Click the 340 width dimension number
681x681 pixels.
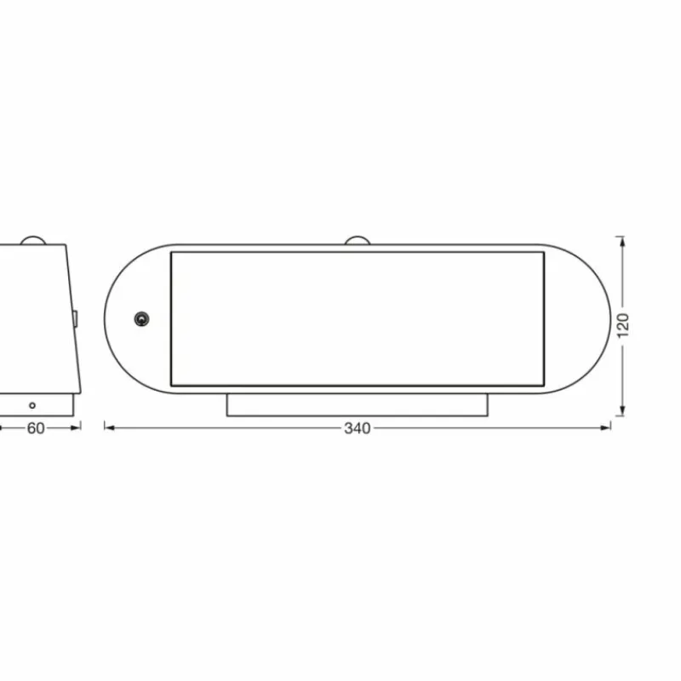pos(358,428)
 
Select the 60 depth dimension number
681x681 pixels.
pos(36,428)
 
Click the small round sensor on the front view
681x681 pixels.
pos(140,319)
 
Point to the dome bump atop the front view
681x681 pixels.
pos(357,240)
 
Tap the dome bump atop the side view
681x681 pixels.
pos(34,240)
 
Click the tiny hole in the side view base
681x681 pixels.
pos(32,405)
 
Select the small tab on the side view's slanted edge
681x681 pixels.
pos(75,319)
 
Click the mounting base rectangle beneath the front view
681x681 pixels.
pos(357,405)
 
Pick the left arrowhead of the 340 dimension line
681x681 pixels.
pos(108,428)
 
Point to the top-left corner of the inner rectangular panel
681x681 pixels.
pos(171,252)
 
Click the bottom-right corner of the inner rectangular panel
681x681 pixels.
pos(544,386)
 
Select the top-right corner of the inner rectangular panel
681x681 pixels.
pos(544,252)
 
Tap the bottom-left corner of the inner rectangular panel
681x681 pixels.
pos(171,386)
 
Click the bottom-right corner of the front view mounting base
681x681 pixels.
pos(488,416)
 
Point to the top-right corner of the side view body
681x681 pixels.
pos(66,246)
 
